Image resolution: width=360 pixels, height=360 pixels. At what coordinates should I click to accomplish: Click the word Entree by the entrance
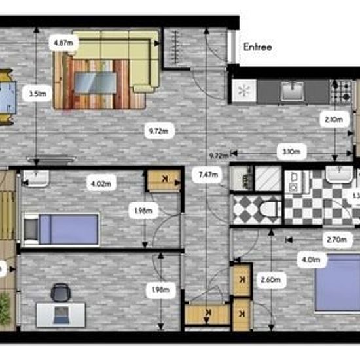(257, 47)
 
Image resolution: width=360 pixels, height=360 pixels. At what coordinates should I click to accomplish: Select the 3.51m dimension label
(37, 94)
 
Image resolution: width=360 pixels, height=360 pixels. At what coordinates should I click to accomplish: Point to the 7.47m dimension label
(206, 174)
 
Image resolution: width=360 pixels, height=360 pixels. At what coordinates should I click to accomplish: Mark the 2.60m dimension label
(271, 281)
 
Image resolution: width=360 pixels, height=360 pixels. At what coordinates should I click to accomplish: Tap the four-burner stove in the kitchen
(341, 92)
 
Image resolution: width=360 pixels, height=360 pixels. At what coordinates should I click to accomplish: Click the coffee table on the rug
(96, 82)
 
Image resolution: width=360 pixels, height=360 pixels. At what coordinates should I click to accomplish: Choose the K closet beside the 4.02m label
(163, 180)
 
